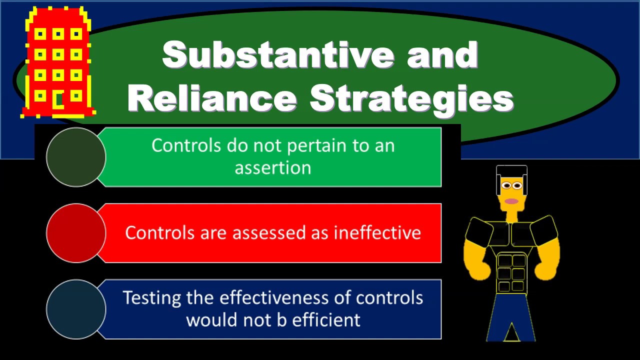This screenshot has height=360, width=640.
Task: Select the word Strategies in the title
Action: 411,98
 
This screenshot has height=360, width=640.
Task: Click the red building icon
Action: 58,62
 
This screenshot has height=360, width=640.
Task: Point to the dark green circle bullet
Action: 76,157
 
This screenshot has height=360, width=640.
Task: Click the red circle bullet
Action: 76,233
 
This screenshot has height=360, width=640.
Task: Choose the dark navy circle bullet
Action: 76,309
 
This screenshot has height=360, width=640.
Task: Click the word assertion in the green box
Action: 273,167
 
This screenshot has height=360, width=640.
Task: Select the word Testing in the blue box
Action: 151,298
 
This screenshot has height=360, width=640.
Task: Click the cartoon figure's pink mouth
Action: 511,201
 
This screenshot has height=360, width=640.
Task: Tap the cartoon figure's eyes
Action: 511,186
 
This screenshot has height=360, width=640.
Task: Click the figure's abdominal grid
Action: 511,272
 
